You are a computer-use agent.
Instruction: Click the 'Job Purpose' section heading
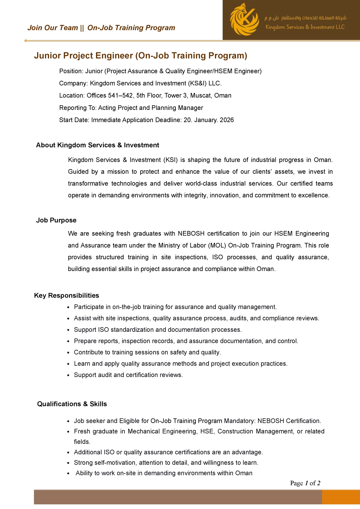click(56, 220)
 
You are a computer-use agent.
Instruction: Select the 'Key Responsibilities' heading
click(66, 295)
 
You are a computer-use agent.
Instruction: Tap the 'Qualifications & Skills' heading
click(72, 404)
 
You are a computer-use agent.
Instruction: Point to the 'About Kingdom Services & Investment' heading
click(97, 145)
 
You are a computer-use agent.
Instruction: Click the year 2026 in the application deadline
click(227, 120)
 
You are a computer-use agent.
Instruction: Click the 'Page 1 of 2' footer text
click(305, 483)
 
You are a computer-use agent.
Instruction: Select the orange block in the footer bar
click(341, 497)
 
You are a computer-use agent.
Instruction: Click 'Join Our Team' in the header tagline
click(53, 28)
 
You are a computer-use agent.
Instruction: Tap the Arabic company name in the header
click(305, 18)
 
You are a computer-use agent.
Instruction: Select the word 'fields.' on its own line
click(82, 442)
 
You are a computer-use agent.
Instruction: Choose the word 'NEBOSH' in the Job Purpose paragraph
click(191, 233)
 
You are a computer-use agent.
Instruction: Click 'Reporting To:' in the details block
click(78, 108)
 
